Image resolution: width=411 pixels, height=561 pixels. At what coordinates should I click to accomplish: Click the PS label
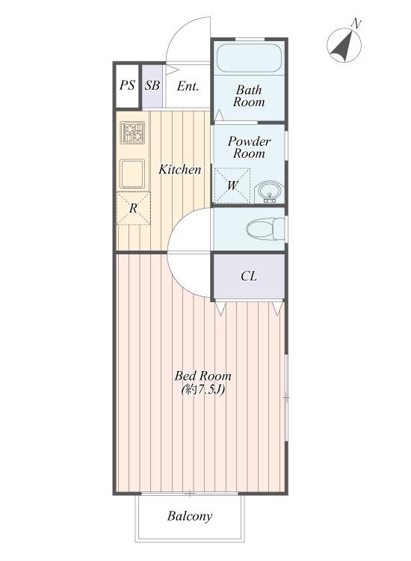coord(127,85)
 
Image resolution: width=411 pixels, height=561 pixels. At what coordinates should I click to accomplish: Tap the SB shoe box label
coord(152,85)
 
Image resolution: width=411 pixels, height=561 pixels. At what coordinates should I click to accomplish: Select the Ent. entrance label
coord(188,86)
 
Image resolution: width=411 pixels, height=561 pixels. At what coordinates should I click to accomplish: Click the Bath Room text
coord(249,96)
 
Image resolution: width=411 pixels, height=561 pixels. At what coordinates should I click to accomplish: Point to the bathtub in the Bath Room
coord(249,58)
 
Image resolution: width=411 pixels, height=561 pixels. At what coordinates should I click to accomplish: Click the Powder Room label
coord(249,147)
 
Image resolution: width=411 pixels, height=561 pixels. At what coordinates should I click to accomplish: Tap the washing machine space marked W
coord(232,186)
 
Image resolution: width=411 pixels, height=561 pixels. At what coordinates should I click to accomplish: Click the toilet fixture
coord(265,229)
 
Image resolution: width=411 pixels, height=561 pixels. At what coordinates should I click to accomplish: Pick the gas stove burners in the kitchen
coord(132,132)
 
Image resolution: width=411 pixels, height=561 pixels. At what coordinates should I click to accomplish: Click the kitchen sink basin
coord(132,174)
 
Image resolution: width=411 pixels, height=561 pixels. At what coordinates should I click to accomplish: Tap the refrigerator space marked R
coord(133,208)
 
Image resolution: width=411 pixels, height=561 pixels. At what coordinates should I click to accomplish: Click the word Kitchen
coord(180,169)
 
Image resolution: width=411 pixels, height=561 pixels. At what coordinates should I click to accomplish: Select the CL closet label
coord(249,276)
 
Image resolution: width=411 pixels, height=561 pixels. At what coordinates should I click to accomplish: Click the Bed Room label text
coord(203,375)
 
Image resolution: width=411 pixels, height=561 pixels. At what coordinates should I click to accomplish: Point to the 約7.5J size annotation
coord(203,389)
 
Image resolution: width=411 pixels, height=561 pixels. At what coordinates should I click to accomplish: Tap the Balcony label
coord(190,516)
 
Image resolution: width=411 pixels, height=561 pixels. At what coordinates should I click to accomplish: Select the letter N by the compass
coord(356,24)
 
